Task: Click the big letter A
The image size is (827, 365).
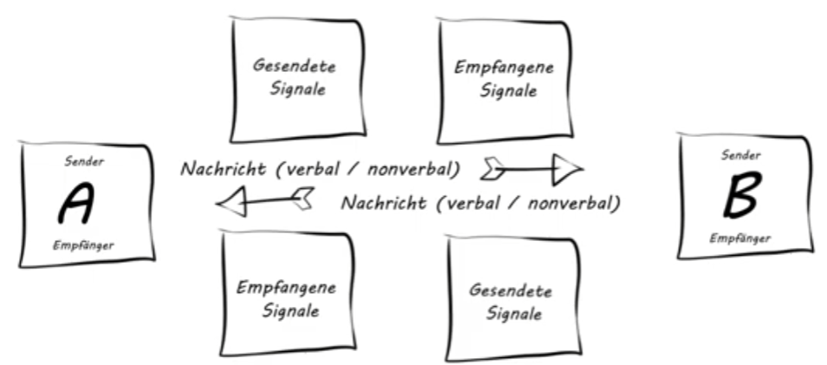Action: tap(77, 203)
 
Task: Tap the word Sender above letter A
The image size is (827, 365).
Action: tap(84, 161)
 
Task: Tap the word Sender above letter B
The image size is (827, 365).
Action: tap(741, 155)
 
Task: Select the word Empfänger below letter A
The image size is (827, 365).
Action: tap(83, 245)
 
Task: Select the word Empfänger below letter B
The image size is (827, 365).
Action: tap(740, 238)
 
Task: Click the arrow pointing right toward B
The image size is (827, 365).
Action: tap(531, 169)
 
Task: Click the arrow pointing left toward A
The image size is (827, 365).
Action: tap(266, 201)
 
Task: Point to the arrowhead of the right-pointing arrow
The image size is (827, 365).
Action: tap(568, 169)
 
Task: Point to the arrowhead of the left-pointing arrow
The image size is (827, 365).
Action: tap(231, 202)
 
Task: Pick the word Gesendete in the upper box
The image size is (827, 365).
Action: tap(294, 66)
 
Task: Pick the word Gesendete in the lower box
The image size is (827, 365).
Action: tap(511, 290)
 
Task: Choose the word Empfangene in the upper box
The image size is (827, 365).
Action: tap(505, 68)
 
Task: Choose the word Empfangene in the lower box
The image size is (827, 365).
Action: tap(286, 288)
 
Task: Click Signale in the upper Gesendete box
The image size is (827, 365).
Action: tap(297, 88)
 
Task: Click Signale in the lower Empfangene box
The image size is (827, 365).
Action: tap(290, 310)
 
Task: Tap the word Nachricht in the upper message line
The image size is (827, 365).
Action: tap(223, 169)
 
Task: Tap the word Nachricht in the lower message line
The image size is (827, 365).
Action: tap(383, 203)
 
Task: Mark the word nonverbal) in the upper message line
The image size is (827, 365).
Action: tap(414, 169)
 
